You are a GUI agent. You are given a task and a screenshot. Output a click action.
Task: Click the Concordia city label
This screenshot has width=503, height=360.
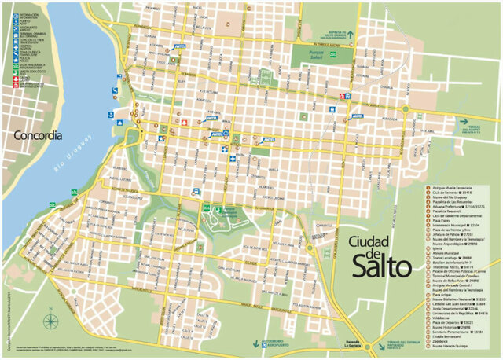click(38, 135)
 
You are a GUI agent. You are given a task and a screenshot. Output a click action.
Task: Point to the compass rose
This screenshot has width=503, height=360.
click(51, 320)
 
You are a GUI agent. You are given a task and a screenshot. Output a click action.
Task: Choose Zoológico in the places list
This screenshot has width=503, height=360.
click(445, 343)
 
